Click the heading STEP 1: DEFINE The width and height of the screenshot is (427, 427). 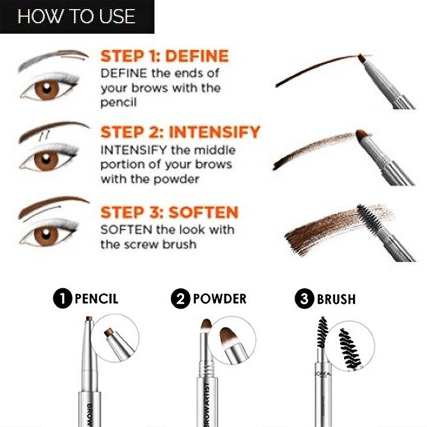(164, 56)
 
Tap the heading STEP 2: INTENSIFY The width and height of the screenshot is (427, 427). (180, 132)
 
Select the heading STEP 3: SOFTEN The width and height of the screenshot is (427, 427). (169, 212)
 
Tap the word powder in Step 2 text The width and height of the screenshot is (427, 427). (175, 179)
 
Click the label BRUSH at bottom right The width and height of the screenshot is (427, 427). (336, 299)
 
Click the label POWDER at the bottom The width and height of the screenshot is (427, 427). (219, 298)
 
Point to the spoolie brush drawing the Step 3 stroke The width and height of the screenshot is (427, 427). (368, 216)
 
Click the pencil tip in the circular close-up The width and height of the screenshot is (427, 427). (109, 332)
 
